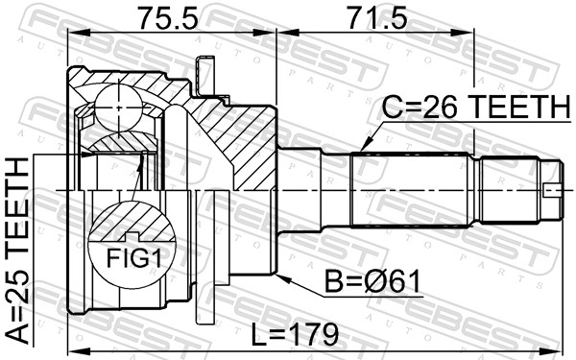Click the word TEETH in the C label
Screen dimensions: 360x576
[516, 108]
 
